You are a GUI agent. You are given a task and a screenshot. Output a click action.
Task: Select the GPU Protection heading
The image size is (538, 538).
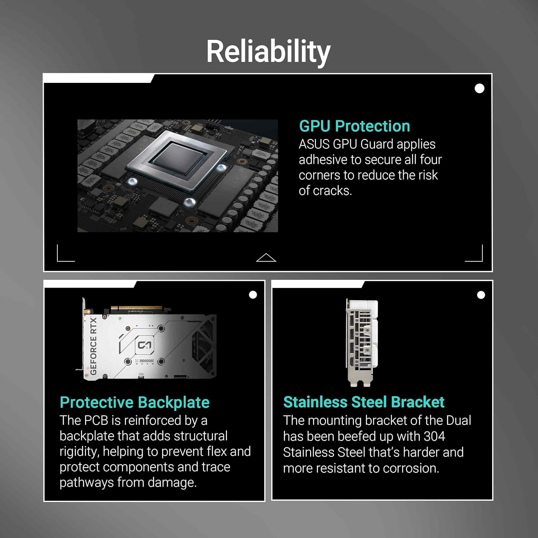click(354, 126)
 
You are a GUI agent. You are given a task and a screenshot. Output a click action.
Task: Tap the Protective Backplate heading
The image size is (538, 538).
click(134, 402)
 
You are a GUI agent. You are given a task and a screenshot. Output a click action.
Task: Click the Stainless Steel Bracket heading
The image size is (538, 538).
click(364, 402)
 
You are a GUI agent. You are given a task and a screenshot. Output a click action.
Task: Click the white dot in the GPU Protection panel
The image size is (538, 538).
click(479, 88)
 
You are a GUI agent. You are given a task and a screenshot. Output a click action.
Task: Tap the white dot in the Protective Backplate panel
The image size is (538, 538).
click(253, 295)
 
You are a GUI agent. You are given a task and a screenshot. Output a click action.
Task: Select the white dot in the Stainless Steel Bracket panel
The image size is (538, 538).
click(481, 295)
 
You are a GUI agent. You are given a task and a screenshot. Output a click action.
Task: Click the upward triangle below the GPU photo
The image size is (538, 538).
click(266, 258)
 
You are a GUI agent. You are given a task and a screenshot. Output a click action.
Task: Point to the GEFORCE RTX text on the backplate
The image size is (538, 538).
click(93, 346)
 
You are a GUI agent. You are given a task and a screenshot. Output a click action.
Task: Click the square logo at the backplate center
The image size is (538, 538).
click(145, 345)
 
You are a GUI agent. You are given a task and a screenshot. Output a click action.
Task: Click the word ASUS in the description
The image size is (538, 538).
click(314, 144)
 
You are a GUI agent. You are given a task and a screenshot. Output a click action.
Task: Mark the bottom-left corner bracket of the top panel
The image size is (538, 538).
click(65, 254)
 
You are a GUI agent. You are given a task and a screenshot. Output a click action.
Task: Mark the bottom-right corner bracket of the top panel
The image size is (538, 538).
click(475, 254)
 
